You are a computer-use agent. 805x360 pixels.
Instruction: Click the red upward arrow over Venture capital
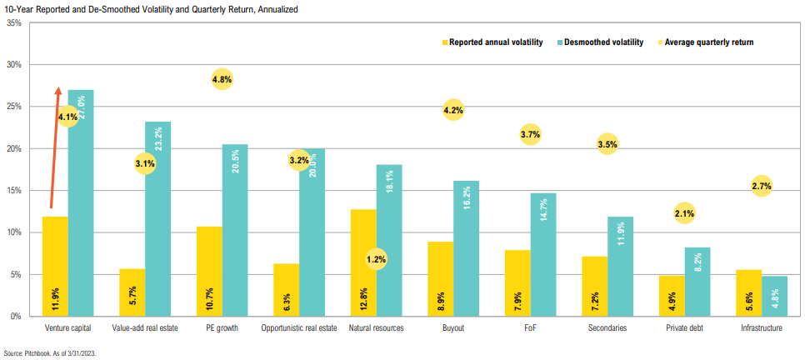(55, 146)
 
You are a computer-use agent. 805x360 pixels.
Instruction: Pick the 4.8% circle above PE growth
(222, 80)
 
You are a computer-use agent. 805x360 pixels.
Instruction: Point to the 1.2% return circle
(377, 259)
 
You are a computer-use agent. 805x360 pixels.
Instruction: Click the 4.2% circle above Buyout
(453, 110)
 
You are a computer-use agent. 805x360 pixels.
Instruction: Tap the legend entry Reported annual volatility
(492, 42)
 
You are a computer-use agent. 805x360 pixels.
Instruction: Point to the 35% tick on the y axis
(14, 22)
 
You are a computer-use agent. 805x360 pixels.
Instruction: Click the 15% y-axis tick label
(14, 191)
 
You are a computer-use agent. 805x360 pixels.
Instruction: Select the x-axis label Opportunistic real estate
(299, 328)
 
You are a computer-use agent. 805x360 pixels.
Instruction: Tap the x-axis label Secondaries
(607, 328)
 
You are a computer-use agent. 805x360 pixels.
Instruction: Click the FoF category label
(530, 328)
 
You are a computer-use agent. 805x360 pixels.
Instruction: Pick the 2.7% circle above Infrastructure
(762, 187)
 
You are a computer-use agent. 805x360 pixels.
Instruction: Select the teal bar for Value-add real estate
(157, 221)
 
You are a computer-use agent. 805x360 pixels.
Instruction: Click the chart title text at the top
(150, 8)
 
